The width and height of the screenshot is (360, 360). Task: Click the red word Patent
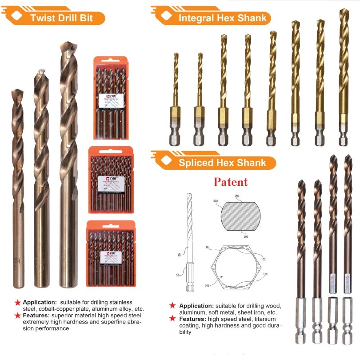click(231, 182)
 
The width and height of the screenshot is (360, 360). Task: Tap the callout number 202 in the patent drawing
click(216, 201)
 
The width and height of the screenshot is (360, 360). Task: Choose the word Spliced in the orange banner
click(196, 163)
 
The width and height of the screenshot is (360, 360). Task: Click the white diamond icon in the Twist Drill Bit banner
click(17, 16)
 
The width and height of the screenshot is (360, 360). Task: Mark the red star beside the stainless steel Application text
click(18, 302)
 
